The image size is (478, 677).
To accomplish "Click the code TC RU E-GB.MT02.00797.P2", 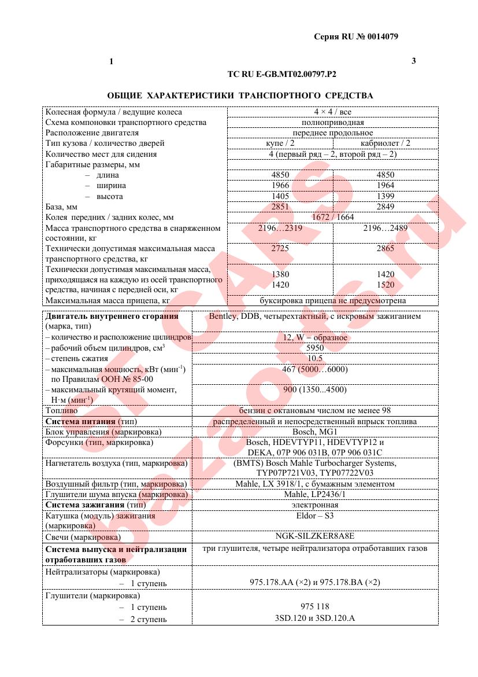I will click(x=282, y=74).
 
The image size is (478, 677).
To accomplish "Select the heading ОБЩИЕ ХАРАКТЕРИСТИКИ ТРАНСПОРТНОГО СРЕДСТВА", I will click(x=240, y=95).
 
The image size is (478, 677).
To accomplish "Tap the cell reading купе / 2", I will click(x=280, y=144).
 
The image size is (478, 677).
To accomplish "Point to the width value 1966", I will click(x=280, y=186).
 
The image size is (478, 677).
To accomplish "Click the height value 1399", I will click(x=385, y=196).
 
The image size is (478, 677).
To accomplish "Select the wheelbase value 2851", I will click(x=280, y=207).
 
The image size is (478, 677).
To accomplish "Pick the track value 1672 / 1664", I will click(x=332, y=217).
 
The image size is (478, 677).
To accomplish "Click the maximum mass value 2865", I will click(x=385, y=248).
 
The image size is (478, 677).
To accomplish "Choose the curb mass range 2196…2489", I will click(x=385, y=229).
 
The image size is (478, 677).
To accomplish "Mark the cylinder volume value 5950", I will click(x=315, y=348).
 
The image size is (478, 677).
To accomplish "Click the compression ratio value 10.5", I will click(x=315, y=358).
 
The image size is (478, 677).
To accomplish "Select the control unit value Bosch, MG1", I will click(x=315, y=432).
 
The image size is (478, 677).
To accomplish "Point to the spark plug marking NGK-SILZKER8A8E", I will click(x=315, y=536).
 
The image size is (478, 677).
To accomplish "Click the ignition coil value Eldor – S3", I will click(x=315, y=515).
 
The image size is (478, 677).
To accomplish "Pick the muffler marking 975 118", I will click(x=315, y=606).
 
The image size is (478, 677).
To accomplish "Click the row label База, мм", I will click(x=61, y=207).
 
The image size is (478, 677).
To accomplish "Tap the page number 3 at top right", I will click(x=413, y=61).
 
